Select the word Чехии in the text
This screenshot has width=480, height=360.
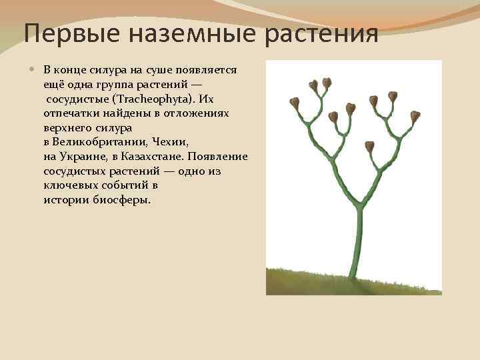coord(169,141)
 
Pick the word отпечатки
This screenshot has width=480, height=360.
coord(71,113)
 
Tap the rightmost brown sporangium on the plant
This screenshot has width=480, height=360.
coord(415,117)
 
